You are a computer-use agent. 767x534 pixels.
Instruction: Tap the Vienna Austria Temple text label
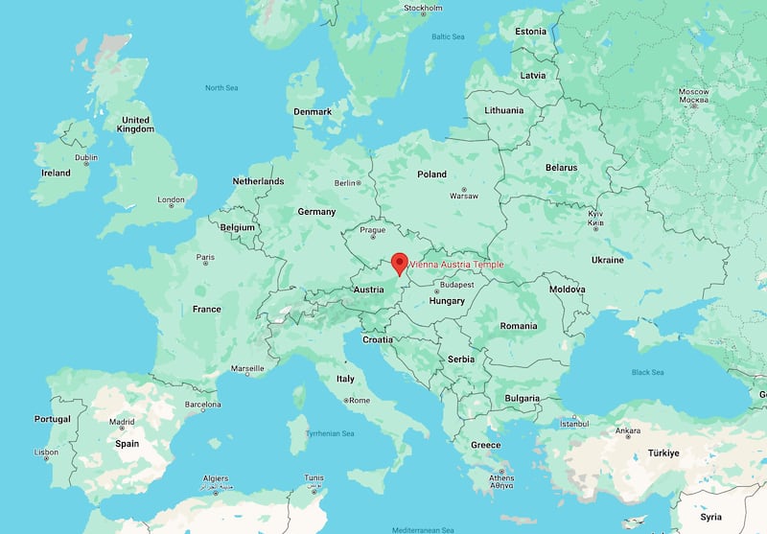click(456, 265)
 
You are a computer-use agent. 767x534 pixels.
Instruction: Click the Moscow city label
click(693, 92)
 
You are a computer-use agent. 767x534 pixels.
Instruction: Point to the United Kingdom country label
click(134, 124)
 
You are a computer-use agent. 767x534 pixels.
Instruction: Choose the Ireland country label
click(55, 173)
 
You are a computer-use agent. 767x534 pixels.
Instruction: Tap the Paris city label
click(205, 257)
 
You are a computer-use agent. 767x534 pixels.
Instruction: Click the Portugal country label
click(52, 419)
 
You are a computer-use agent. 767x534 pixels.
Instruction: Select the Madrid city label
click(122, 422)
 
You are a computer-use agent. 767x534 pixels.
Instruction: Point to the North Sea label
click(221, 87)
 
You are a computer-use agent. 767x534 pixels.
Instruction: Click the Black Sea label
click(647, 372)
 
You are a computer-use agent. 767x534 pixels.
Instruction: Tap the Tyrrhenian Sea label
click(330, 433)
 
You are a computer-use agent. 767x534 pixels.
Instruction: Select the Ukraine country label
click(607, 260)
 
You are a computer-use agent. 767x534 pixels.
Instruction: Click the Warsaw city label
click(464, 196)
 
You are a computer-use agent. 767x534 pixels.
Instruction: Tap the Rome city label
click(359, 400)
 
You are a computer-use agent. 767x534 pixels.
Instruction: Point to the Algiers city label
click(216, 477)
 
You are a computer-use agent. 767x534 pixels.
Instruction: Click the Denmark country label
click(313, 111)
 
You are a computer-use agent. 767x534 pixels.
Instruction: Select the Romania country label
click(519, 325)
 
